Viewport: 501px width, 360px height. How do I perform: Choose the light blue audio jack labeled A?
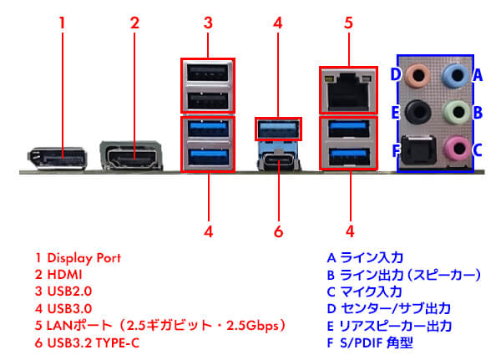click(454, 75)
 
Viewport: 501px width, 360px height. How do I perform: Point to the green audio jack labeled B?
click(454, 111)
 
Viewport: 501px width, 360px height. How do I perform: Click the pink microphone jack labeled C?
click(454, 148)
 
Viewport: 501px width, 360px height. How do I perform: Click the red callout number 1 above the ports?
click(61, 23)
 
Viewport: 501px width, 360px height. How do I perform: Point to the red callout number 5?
click(349, 23)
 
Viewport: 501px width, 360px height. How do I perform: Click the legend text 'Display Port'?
click(83, 258)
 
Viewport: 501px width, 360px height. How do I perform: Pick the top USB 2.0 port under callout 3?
click(207, 72)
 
